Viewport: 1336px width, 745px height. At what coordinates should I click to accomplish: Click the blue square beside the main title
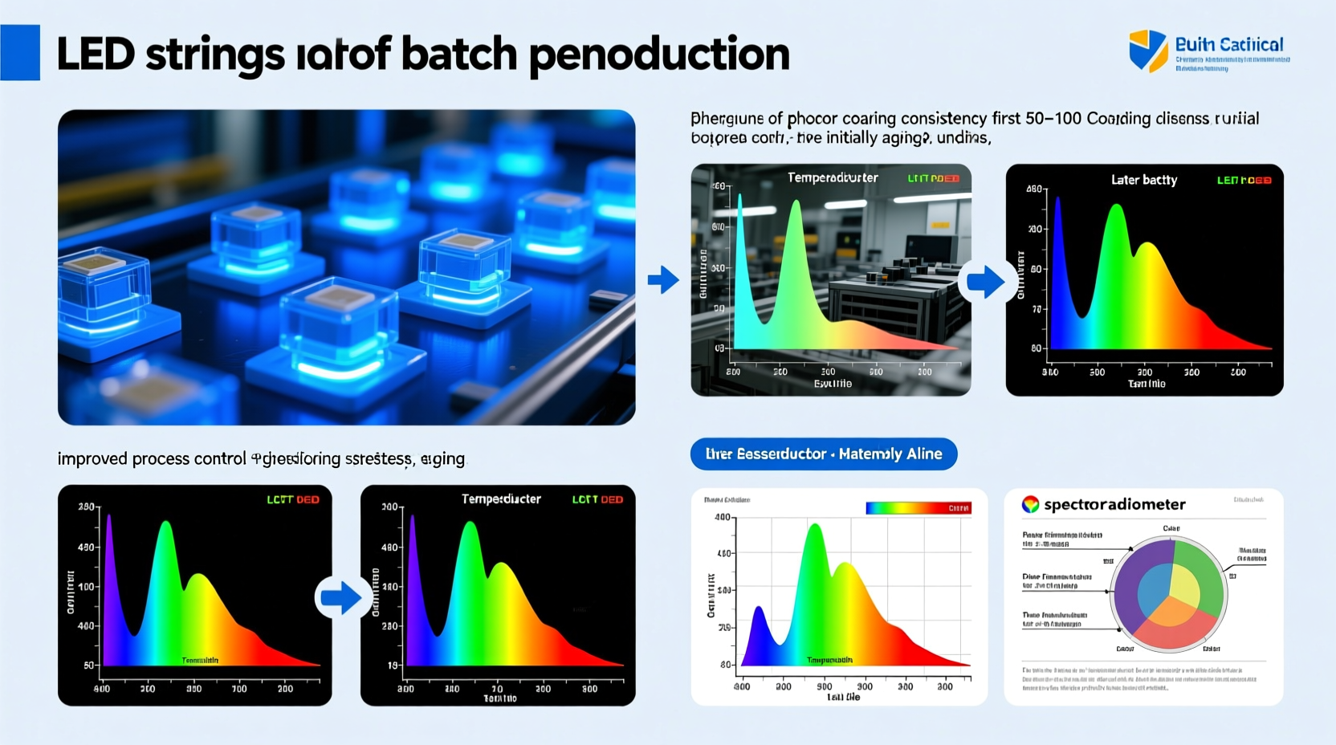pos(20,52)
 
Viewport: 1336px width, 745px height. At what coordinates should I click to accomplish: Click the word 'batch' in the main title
pos(458,54)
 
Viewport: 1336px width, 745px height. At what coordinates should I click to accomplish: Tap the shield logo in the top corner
pos(1147,51)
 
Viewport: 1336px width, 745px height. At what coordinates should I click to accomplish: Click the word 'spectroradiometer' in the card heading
pos(1114,504)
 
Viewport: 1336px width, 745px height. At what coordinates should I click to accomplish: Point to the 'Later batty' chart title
pos(1143,180)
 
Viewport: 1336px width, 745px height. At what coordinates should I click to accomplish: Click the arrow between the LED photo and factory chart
pos(663,280)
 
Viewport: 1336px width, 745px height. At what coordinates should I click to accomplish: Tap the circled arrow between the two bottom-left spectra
pos(340,597)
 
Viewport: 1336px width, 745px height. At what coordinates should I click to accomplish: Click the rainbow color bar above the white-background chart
pos(918,508)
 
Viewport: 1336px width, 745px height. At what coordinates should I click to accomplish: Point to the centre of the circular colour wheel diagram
pos(1168,595)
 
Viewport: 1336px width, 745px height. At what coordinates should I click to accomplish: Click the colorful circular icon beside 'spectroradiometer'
pos(1030,504)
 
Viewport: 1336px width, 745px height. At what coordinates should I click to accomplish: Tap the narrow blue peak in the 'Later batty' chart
pos(1058,209)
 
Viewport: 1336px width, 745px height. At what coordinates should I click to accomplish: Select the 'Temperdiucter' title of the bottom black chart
pos(501,499)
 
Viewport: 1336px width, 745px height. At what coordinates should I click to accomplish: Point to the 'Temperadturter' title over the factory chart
pos(832,177)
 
